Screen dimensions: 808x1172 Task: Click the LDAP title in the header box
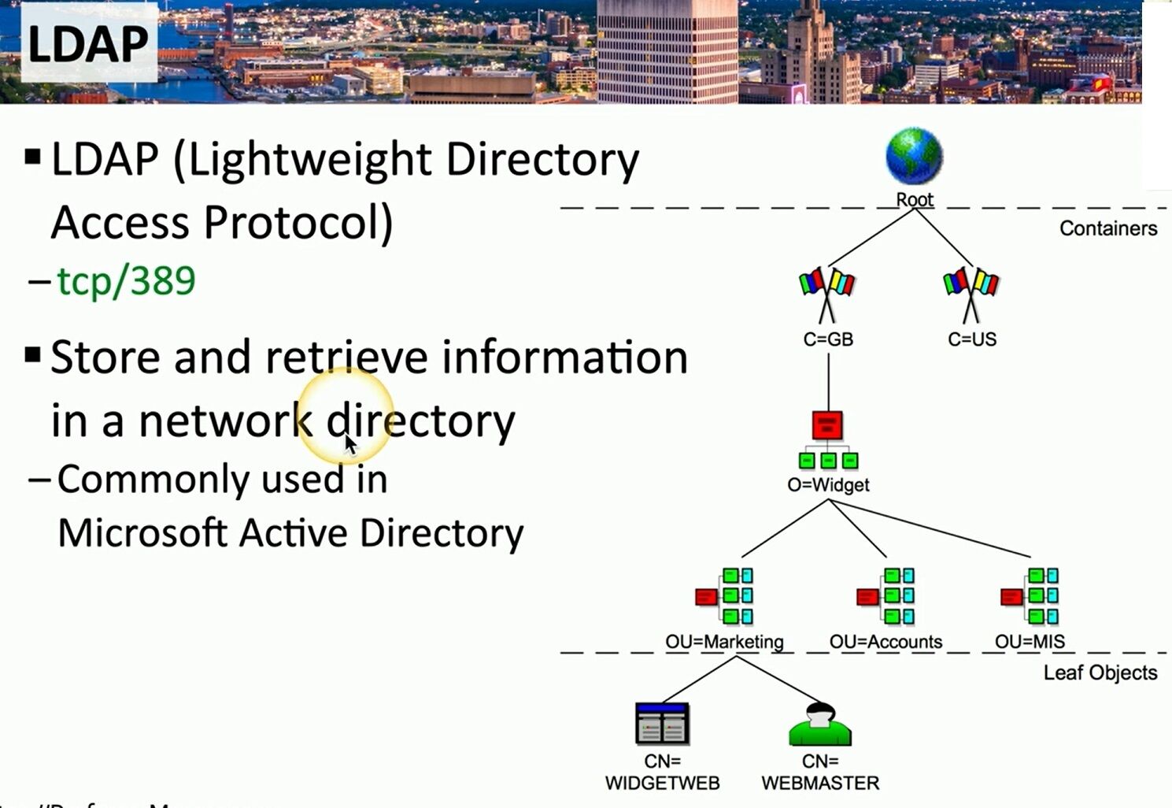[87, 44]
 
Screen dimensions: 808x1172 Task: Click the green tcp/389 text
[126, 280]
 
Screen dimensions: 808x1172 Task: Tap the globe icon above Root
[914, 156]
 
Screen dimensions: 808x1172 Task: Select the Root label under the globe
[915, 200]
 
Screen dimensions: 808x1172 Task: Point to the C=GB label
[828, 339]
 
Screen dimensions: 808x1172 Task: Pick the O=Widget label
[828, 485]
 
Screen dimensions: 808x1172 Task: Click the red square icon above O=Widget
[827, 426]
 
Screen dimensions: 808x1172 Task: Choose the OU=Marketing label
[724, 642]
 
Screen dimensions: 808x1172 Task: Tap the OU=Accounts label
[885, 642]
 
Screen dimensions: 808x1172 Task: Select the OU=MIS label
[1030, 642]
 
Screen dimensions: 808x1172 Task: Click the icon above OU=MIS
[1030, 596]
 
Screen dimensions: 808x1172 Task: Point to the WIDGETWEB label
[662, 784]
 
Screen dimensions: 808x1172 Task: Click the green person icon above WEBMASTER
[819, 725]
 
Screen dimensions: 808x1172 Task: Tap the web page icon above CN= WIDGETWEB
[662, 724]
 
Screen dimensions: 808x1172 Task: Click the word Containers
[1108, 228]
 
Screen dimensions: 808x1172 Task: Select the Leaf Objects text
[1100, 673]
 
